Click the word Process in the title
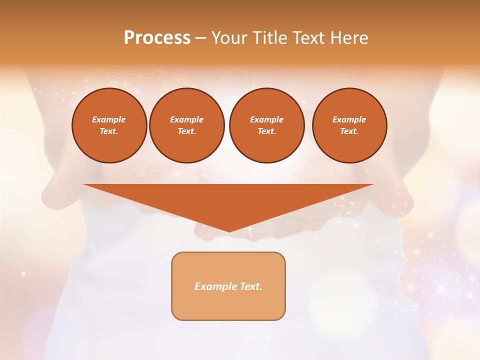coord(157,38)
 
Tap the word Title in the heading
coord(268,38)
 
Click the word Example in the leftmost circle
coord(109,119)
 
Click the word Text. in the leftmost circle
coord(109,131)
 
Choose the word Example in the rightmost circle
coord(349,119)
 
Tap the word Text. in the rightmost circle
coord(349,131)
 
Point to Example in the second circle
coord(186,119)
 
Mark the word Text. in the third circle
coord(266,131)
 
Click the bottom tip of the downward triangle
coord(228,230)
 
